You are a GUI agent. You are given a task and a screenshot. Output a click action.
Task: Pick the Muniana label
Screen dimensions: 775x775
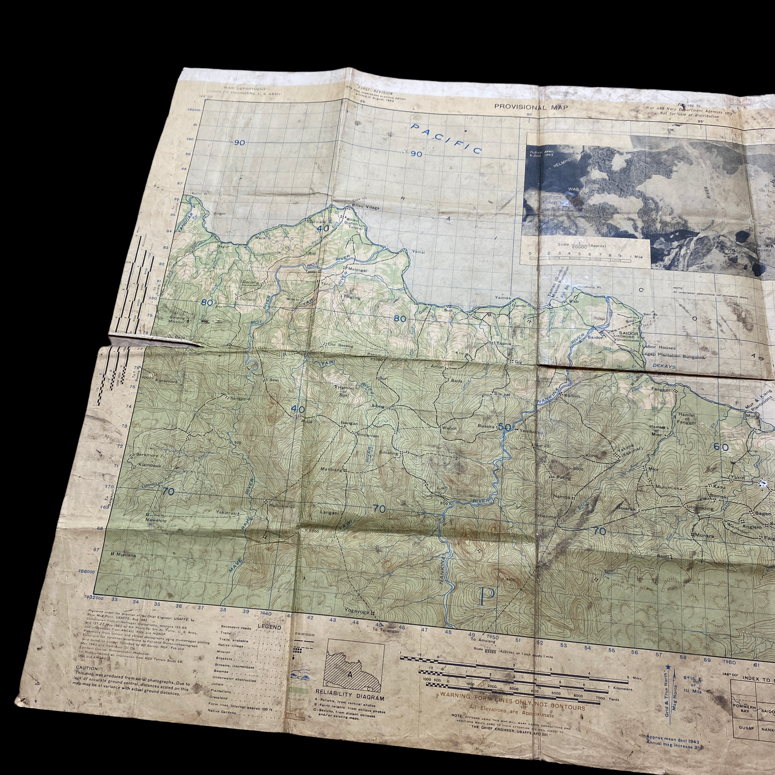[x=126, y=555]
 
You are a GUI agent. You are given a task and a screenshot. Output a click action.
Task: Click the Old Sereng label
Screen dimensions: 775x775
[x=341, y=345]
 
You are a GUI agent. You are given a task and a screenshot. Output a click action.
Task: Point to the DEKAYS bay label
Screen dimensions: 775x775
[x=664, y=366]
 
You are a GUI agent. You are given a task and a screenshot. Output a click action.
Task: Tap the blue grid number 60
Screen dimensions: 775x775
[x=721, y=447]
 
